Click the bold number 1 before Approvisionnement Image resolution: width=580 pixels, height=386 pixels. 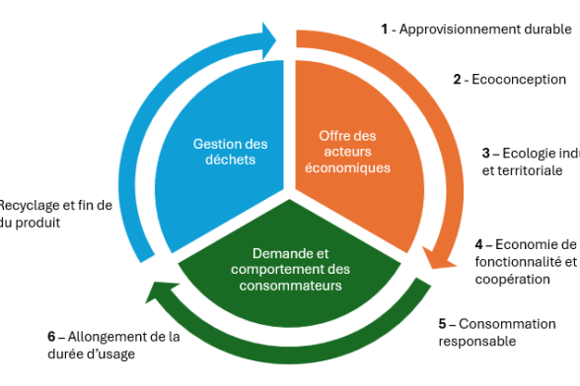(x=385, y=29)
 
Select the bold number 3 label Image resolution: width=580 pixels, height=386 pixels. (x=486, y=154)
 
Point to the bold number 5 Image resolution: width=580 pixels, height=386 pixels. (x=443, y=324)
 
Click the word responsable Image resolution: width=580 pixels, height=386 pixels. (x=476, y=341)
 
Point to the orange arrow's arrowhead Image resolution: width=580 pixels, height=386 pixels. (x=434, y=258)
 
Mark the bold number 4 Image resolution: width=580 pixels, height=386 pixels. (x=478, y=244)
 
